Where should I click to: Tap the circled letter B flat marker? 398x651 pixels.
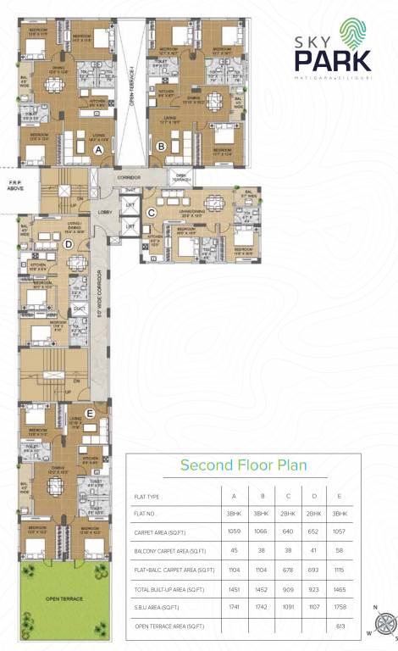tap(161, 146)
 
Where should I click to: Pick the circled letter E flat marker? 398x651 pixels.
tap(90, 413)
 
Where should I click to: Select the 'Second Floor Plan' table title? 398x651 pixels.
tap(243, 465)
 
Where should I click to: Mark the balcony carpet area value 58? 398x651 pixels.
tap(340, 551)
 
